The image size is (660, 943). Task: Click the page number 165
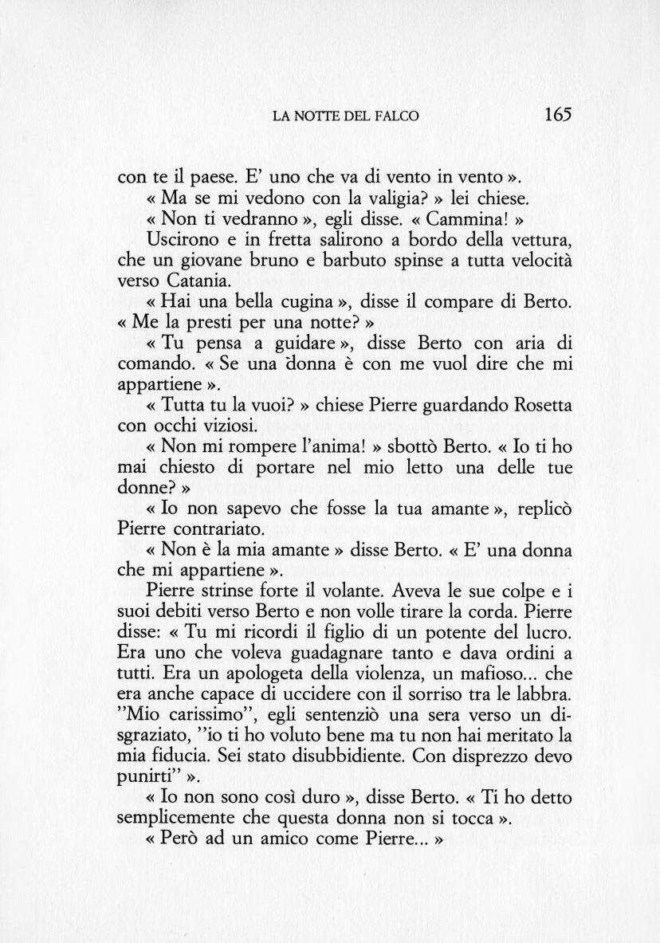tap(558, 114)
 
